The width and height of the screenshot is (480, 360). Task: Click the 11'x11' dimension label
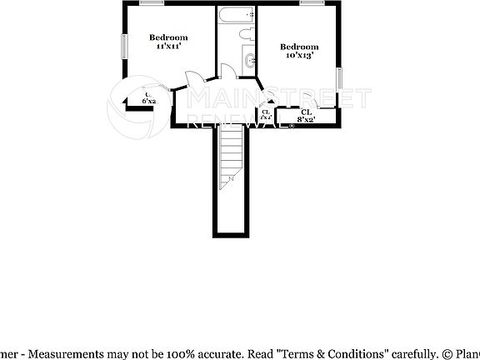tap(168, 47)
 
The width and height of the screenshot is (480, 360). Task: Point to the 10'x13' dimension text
tap(299, 57)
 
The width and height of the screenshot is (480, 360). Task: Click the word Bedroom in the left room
tap(168, 37)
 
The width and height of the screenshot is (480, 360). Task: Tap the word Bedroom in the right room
tap(299, 47)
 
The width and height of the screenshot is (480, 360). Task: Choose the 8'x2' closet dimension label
tap(306, 120)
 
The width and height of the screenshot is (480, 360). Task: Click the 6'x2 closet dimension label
tap(149, 103)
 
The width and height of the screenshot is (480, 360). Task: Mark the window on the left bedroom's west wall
tap(124, 45)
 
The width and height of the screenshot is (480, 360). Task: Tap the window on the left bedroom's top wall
tap(151, 2)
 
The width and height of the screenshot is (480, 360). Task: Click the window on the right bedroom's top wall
tap(312, 2)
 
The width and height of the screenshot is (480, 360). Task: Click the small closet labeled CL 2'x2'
tap(266, 116)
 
